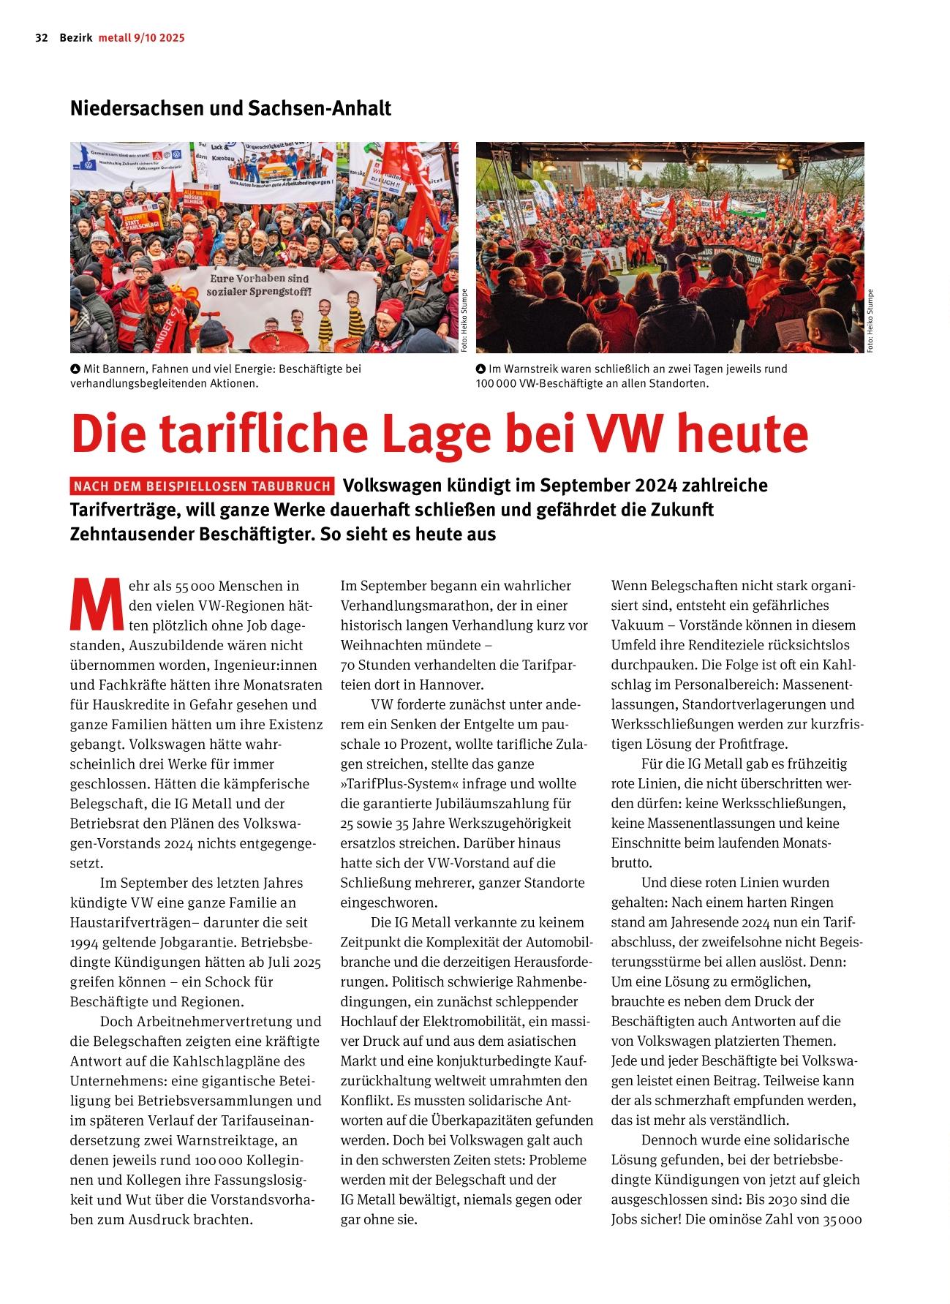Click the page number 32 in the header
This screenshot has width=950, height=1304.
coord(41,38)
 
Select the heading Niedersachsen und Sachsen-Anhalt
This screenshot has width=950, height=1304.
coord(230,108)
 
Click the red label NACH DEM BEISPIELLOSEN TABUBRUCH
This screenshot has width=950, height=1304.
coord(203,486)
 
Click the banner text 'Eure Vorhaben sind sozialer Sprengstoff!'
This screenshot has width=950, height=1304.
coord(260,285)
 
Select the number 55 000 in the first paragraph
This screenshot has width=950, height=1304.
coord(194,587)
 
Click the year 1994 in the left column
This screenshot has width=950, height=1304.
coord(86,942)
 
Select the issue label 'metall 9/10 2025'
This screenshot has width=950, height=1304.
coord(142,38)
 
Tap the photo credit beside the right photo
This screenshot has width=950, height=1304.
coord(870,322)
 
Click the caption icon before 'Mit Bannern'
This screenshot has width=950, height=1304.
coord(75,369)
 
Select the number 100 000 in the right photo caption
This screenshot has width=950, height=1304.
coord(496,383)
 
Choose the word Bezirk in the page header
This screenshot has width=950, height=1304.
coord(76,38)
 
